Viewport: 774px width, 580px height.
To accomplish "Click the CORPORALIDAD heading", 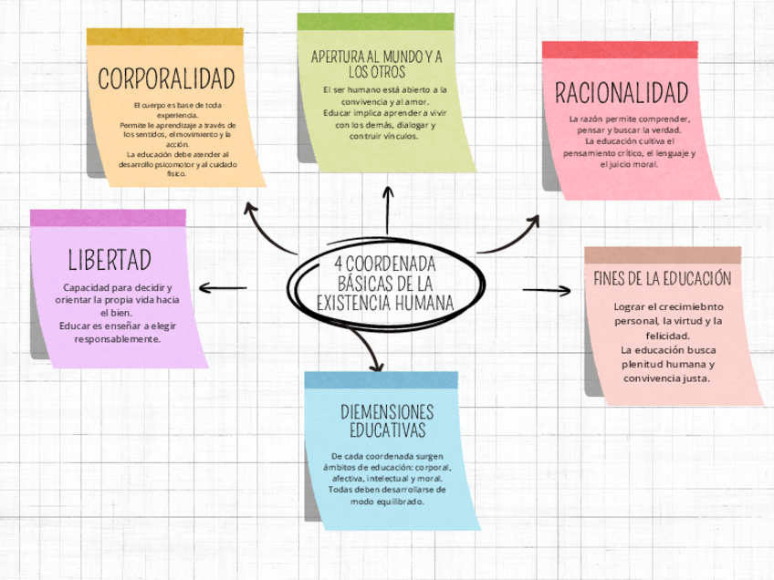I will point(166,78).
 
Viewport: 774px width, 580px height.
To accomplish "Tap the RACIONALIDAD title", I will point(621,92).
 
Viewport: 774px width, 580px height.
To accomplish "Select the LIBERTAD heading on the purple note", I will point(109,260).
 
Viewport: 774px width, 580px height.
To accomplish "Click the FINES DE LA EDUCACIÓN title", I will point(663,278).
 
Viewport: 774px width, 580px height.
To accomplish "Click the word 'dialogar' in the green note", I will point(414,124).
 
